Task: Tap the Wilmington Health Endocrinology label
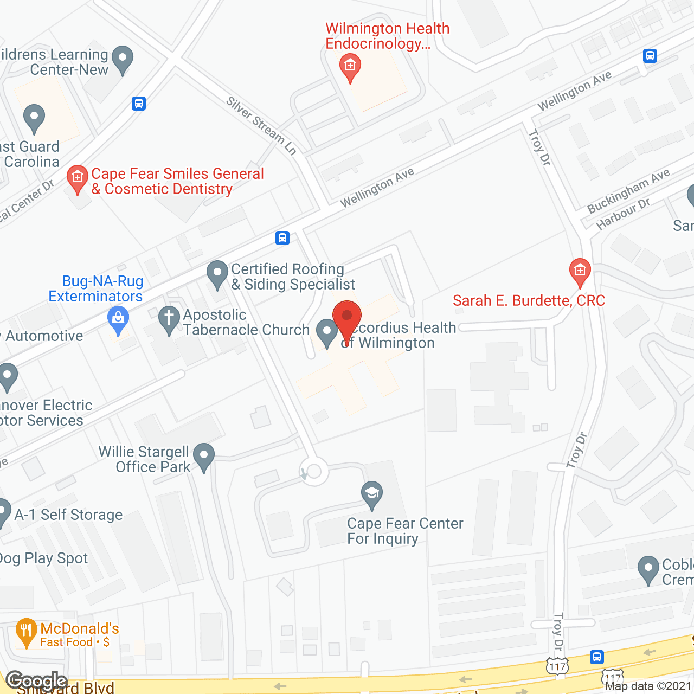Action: [387, 36]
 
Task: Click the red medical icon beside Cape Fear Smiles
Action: [78, 178]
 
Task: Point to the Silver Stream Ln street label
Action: [261, 126]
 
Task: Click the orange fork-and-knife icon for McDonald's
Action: [26, 632]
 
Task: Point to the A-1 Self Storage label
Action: [69, 515]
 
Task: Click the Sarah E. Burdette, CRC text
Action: [529, 300]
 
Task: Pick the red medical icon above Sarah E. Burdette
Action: [580, 271]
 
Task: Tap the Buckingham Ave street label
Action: [628, 191]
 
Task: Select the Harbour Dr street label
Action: [623, 214]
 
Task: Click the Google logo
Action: [36, 680]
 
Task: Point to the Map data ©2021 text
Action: [648, 686]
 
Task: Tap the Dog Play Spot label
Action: [44, 558]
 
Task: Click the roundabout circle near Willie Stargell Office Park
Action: [314, 472]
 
